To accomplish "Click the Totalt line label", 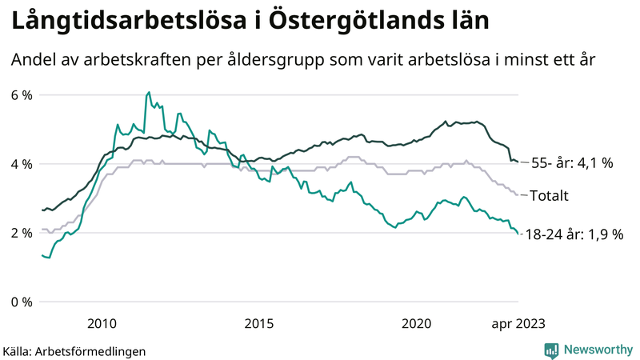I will pyautogui.click(x=553, y=195).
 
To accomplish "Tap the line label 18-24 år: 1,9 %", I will pyautogui.click(x=573, y=236).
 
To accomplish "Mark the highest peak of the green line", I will pyautogui.click(x=149, y=93).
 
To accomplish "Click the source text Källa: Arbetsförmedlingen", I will pyautogui.click(x=74, y=350).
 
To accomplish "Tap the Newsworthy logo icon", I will pyautogui.click(x=551, y=350).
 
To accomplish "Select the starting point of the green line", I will pyautogui.click(x=42, y=255).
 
